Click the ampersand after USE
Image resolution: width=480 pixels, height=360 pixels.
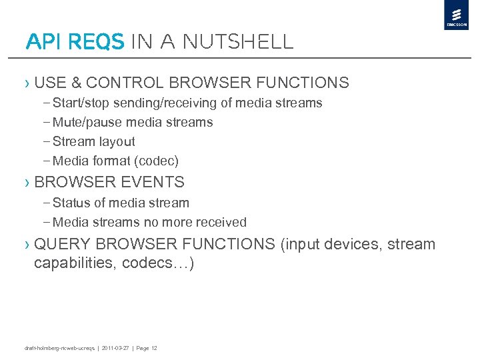[76, 83]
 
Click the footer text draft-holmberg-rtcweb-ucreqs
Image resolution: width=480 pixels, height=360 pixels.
[59, 348]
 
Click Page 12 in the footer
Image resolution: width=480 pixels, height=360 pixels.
[146, 348]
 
